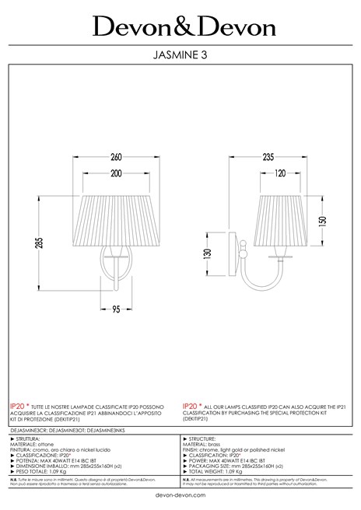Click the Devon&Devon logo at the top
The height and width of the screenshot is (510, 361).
(184, 27)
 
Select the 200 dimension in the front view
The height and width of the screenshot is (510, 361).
(117, 172)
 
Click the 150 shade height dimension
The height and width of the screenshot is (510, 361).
(323, 220)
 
